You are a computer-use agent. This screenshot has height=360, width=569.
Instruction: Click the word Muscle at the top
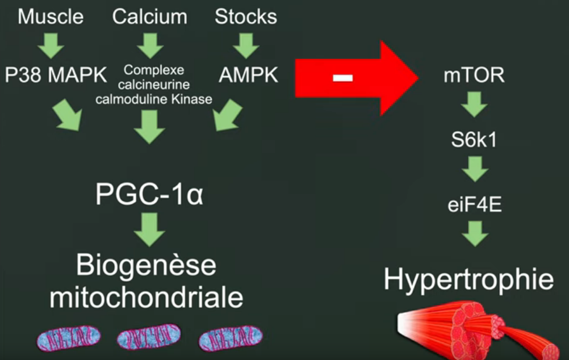(x=51, y=16)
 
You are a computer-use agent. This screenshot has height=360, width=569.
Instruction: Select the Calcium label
(x=149, y=16)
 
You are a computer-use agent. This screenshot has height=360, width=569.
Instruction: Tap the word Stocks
(x=245, y=16)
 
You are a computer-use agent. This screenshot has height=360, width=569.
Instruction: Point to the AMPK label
(x=249, y=75)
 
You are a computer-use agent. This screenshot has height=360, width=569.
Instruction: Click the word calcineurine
(x=154, y=85)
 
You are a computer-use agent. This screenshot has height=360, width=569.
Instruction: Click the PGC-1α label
(x=149, y=195)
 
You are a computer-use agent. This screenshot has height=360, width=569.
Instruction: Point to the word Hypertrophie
(x=468, y=279)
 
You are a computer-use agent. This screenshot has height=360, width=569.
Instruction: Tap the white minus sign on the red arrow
(x=342, y=78)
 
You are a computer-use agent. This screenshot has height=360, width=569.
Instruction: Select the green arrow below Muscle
(x=50, y=45)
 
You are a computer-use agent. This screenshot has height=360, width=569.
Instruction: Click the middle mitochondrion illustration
(x=148, y=339)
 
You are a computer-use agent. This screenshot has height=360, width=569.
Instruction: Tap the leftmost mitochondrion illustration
(x=68, y=339)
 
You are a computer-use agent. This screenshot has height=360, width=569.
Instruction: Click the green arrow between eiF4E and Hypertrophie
(x=474, y=233)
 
